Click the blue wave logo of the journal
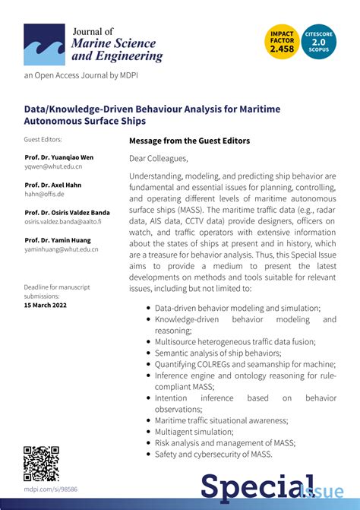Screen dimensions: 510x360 pyautogui.click(x=44, y=44)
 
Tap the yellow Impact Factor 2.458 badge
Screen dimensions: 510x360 pyautogui.click(x=283, y=41)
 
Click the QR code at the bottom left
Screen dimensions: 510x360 pyautogui.click(x=41, y=463)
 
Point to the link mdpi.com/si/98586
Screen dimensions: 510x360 pyautogui.click(x=50, y=489)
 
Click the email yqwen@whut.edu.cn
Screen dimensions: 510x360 pyautogui.click(x=53, y=166)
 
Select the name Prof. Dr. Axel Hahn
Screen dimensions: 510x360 pyautogui.click(x=52, y=185)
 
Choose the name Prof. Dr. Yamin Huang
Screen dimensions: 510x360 pyautogui.click(x=56, y=240)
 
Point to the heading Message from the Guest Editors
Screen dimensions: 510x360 pyautogui.click(x=189, y=141)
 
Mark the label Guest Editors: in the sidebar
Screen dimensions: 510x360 pyautogui.click(x=43, y=140)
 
